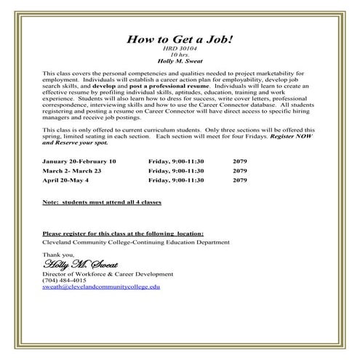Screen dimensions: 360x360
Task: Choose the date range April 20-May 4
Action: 69,179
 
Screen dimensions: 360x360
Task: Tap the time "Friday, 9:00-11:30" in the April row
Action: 176,179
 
